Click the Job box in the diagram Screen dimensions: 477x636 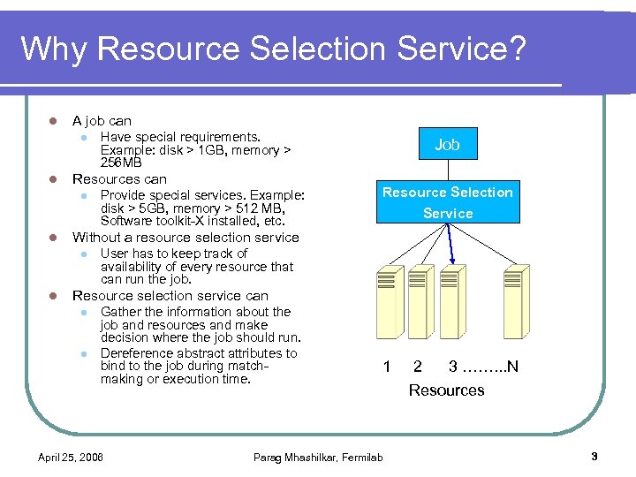point(447,144)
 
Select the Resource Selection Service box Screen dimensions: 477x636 point(447,202)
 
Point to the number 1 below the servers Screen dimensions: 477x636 point(386,366)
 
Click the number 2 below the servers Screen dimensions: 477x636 point(418,366)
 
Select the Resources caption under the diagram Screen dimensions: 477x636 point(446,390)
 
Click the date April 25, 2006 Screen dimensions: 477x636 point(71,457)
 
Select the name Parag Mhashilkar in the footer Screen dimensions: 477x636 point(294,457)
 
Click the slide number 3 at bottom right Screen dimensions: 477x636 point(594,456)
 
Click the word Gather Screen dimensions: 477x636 point(120,312)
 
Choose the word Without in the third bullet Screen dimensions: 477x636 point(96,237)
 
